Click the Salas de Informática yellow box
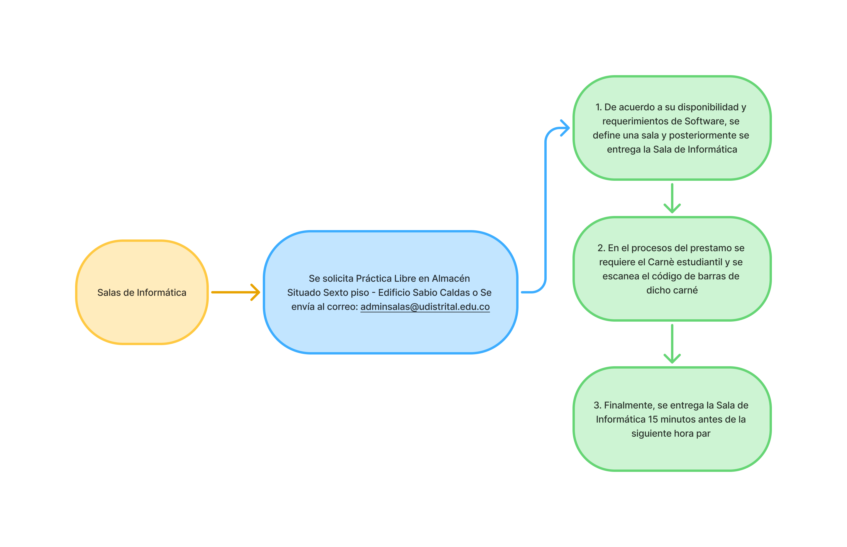(x=142, y=292)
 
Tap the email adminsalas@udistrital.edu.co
(x=425, y=307)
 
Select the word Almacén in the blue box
(x=450, y=278)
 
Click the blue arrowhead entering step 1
(x=565, y=128)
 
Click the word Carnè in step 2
(x=661, y=262)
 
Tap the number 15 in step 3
(x=653, y=419)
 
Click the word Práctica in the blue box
(x=373, y=278)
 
